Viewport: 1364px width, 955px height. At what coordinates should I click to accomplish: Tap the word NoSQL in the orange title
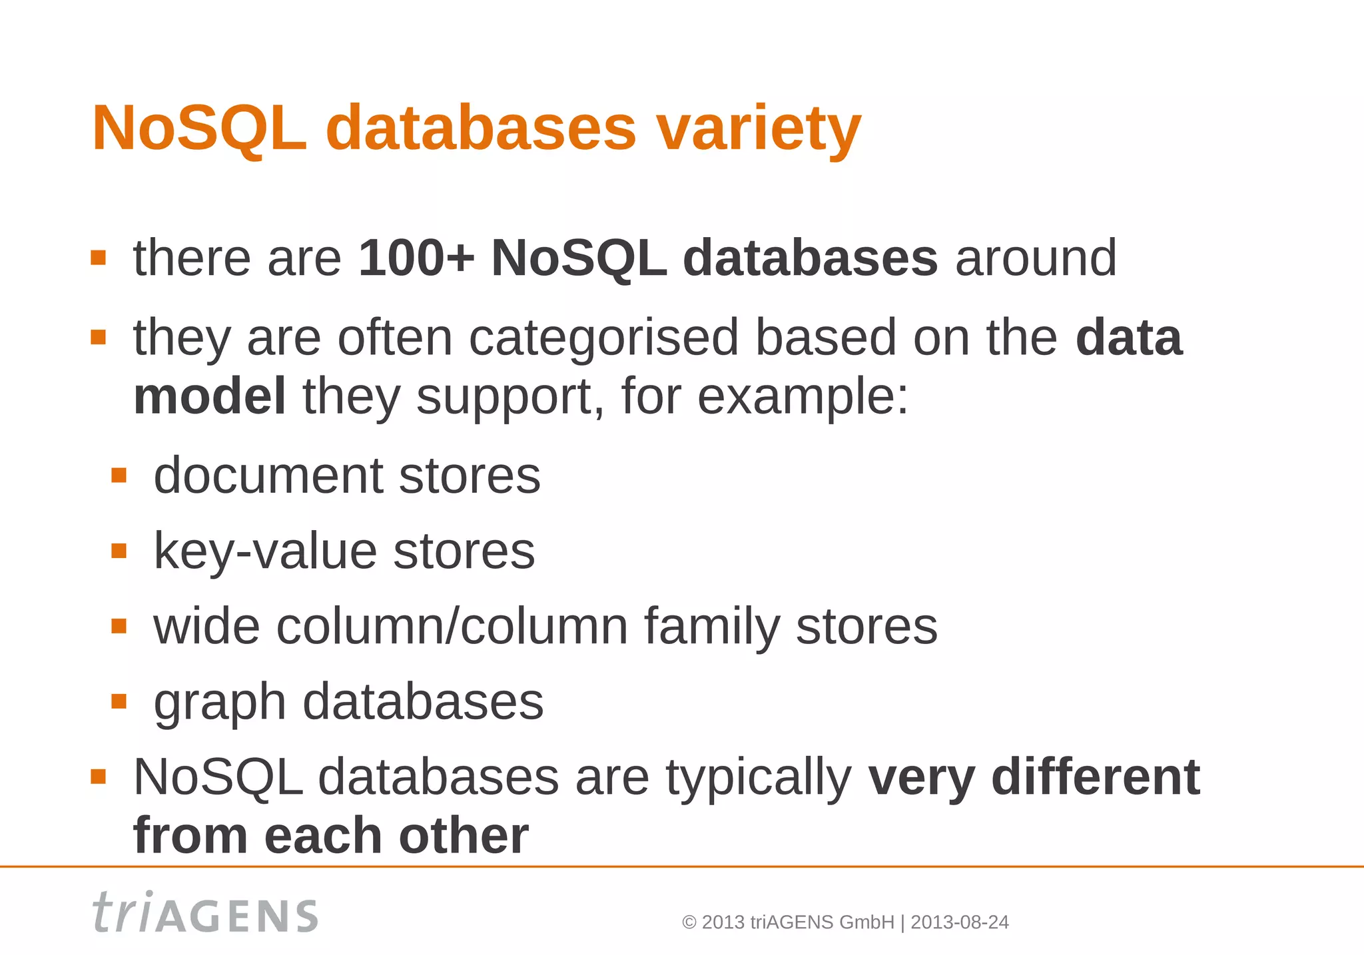199,128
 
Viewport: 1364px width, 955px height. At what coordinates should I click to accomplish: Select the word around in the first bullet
1036,258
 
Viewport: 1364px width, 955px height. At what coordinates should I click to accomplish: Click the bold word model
210,396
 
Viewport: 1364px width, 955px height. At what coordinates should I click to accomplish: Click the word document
268,476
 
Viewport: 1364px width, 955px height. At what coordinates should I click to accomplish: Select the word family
711,627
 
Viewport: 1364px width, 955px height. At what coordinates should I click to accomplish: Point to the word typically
759,778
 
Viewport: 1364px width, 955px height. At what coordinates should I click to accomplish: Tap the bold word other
464,835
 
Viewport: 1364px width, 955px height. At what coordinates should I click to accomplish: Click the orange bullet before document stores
119,476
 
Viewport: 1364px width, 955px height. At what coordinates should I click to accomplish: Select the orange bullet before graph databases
119,701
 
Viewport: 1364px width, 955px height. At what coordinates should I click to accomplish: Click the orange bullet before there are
99,258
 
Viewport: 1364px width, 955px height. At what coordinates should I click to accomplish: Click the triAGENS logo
205,912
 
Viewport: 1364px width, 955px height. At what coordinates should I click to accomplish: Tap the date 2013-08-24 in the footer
959,922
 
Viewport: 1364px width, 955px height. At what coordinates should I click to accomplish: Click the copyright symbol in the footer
689,922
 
